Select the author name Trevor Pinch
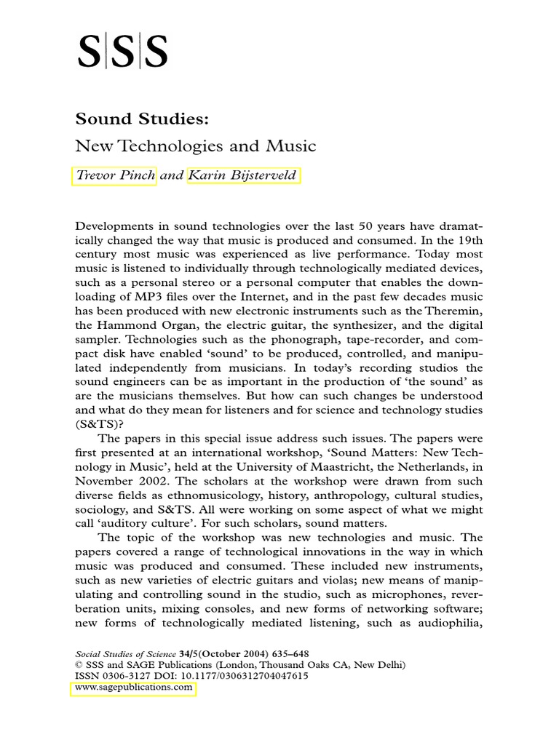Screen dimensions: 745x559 pyautogui.click(x=114, y=176)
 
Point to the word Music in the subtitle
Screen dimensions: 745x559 pyautogui.click(x=290, y=146)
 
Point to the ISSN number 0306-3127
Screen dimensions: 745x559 pyautogui.click(x=126, y=676)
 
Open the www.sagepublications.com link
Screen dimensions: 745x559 pyautogui.click(x=133, y=687)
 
